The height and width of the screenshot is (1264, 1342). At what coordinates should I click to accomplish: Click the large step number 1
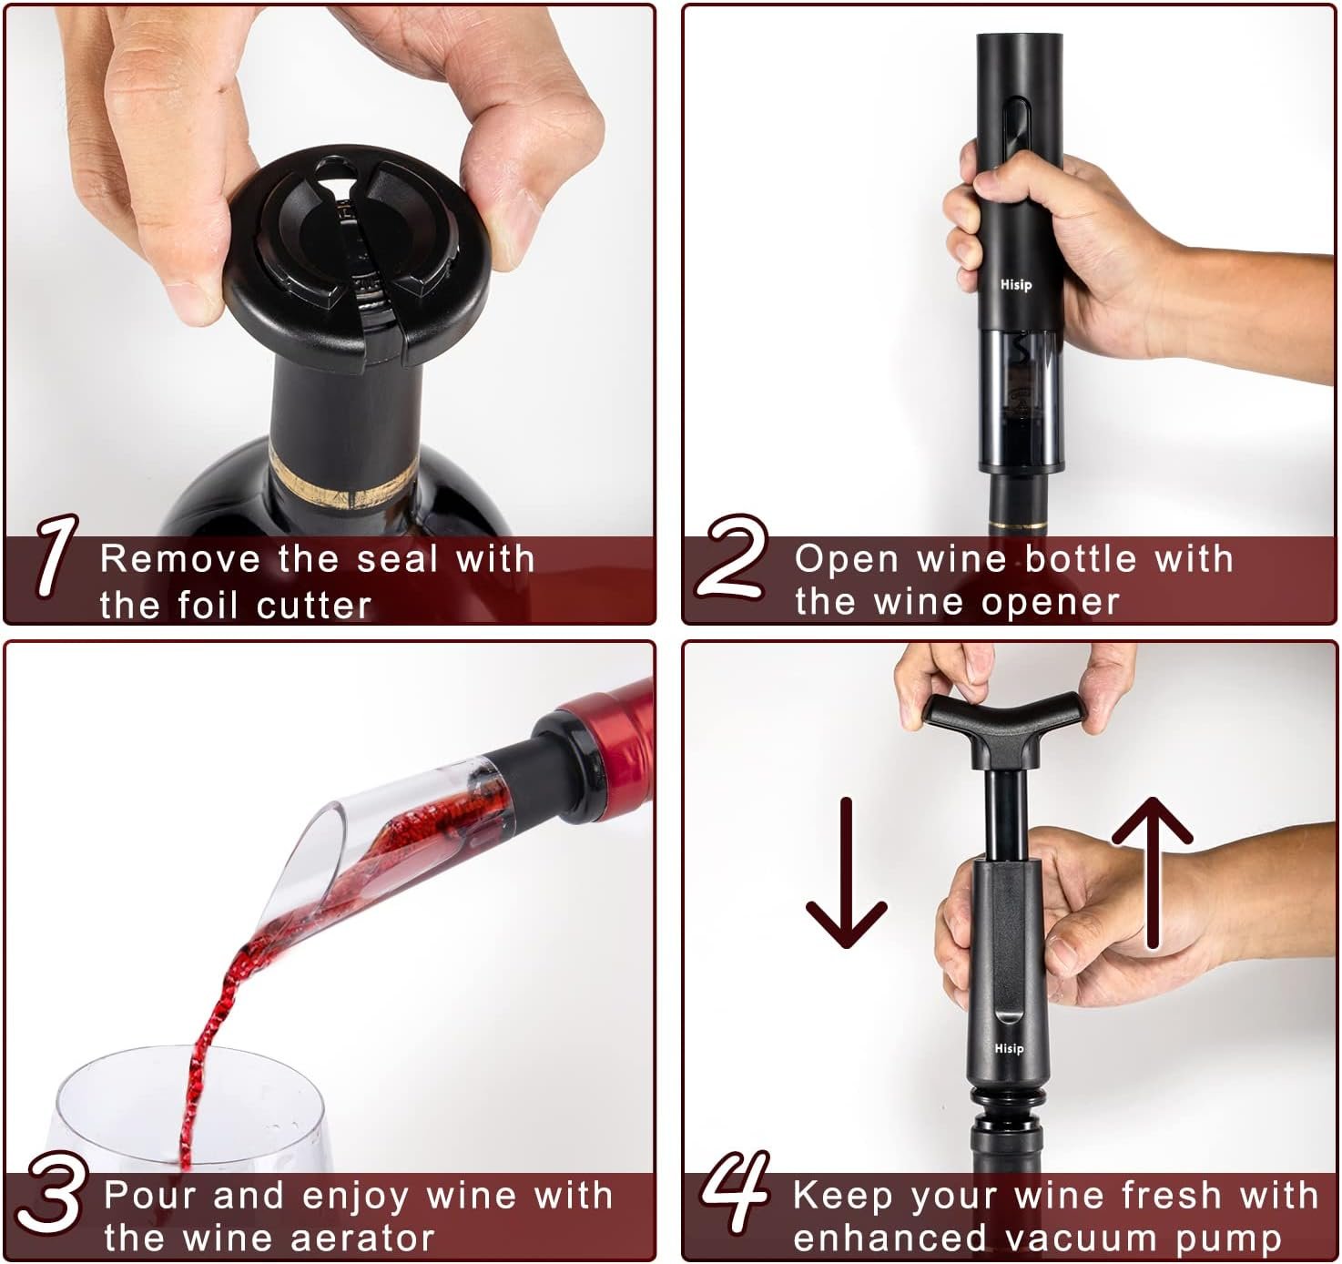click(x=56, y=555)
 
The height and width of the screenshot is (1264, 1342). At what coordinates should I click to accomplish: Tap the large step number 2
click(x=733, y=556)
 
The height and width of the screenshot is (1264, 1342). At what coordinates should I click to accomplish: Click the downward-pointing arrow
click(x=846, y=872)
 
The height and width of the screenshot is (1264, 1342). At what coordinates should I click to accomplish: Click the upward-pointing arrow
click(x=1153, y=872)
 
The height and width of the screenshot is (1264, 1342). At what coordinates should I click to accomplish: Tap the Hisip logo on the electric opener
click(x=1016, y=284)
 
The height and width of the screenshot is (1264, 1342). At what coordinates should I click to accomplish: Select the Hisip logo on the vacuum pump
click(x=1009, y=1048)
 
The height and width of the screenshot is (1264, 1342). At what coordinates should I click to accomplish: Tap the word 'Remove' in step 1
click(x=179, y=559)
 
